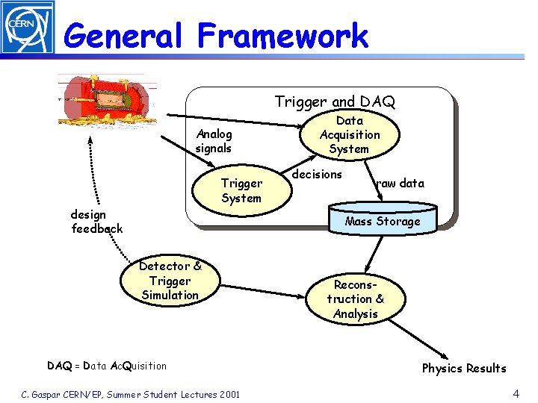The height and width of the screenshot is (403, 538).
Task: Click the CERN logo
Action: tap(27, 28)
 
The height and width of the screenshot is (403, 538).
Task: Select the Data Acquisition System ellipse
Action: tap(349, 134)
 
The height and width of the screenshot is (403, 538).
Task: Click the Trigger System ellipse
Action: tap(241, 190)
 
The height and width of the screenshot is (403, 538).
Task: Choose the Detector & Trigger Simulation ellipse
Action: tap(170, 281)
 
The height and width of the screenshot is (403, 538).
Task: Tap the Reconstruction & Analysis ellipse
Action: tap(356, 299)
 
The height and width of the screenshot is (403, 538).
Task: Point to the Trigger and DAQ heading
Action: tap(335, 101)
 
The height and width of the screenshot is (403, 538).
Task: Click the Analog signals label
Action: tap(214, 141)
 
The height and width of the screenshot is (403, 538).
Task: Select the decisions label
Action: tap(317, 174)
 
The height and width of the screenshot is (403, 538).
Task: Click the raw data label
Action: tap(400, 183)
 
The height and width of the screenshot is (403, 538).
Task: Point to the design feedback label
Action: tap(96, 222)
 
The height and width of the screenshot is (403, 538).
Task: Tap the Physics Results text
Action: tap(464, 368)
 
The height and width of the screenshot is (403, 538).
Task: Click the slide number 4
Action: tap(516, 393)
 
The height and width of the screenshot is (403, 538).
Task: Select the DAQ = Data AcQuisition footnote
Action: tap(107, 366)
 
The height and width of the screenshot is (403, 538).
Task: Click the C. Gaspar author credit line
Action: tap(130, 394)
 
